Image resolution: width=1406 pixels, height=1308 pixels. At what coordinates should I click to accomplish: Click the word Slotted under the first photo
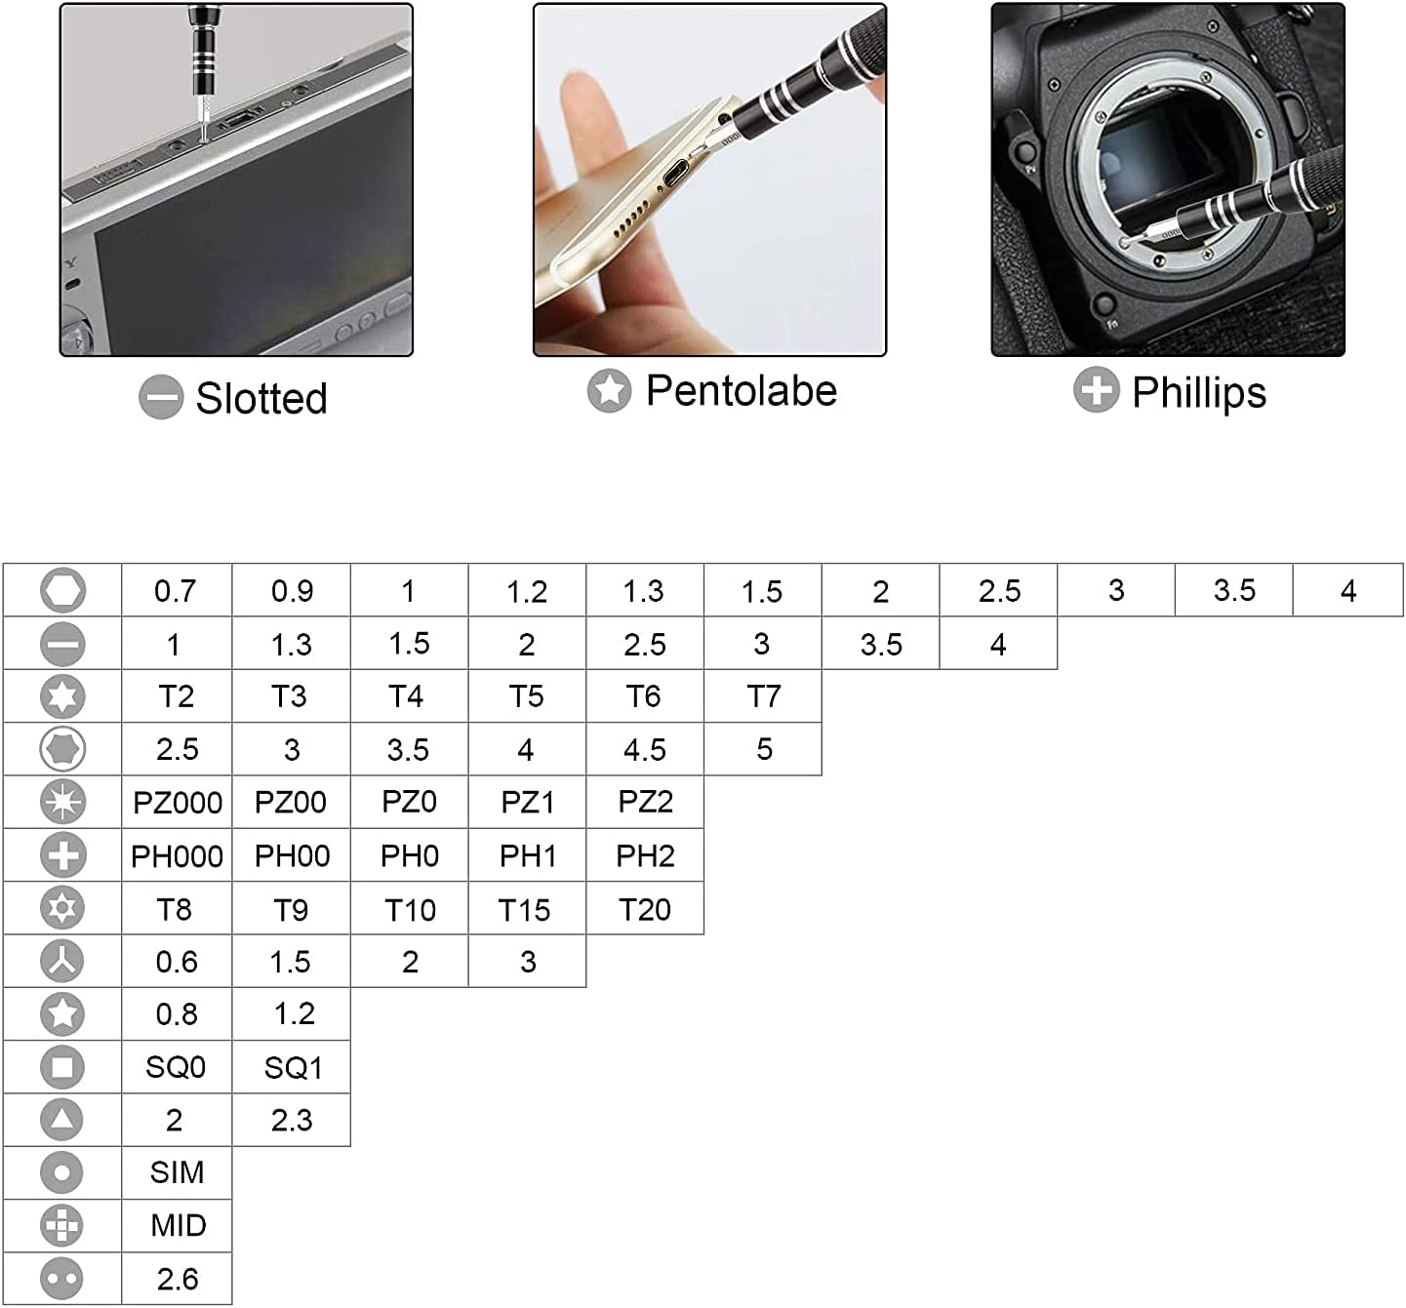click(261, 398)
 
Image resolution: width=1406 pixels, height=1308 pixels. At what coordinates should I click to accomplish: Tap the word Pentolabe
click(741, 390)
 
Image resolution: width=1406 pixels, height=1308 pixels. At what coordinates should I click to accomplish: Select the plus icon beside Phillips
click(1096, 390)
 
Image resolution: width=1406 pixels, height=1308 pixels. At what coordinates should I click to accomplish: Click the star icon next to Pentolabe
click(609, 390)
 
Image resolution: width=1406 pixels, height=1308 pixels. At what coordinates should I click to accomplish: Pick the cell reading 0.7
click(176, 591)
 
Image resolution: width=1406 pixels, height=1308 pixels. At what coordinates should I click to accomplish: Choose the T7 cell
click(763, 696)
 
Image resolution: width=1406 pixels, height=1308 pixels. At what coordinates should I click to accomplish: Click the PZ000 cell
click(177, 803)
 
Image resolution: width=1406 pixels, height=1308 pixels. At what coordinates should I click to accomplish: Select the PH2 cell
click(645, 855)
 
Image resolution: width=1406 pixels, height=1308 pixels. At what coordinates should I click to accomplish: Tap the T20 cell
click(645, 909)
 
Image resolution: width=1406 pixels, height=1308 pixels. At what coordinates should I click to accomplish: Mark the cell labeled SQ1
click(292, 1068)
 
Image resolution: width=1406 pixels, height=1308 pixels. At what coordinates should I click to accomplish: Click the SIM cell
click(177, 1172)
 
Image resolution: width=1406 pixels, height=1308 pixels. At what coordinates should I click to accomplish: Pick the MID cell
click(178, 1225)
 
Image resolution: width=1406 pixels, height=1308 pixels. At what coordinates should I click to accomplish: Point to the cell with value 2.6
click(177, 1279)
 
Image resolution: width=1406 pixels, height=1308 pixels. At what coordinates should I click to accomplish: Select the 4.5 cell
click(645, 749)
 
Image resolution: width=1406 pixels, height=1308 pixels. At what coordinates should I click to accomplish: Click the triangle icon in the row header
click(62, 1120)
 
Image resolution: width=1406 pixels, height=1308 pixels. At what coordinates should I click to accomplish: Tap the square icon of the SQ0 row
click(62, 1067)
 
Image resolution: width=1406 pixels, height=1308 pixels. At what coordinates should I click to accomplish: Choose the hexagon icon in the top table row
click(63, 590)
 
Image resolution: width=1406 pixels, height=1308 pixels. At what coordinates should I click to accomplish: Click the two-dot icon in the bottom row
click(62, 1279)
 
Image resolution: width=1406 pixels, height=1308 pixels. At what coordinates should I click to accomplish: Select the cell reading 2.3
click(292, 1120)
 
